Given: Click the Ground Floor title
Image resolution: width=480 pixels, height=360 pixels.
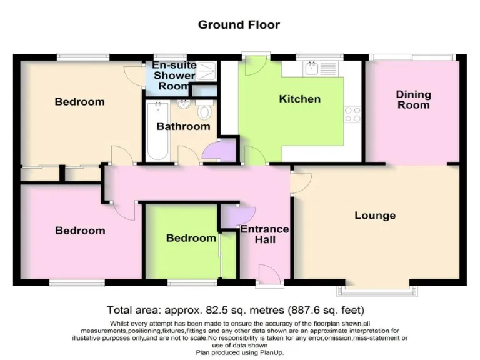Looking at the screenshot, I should pyautogui.click(x=239, y=25).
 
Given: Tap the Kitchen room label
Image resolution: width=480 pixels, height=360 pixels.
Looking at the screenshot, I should pyautogui.click(x=299, y=99).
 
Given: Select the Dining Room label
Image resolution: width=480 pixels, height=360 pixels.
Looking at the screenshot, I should pyautogui.click(x=413, y=99).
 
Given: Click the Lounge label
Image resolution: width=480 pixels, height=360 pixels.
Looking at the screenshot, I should pyautogui.click(x=375, y=216).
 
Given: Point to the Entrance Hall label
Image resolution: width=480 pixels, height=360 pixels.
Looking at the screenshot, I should pyautogui.click(x=265, y=234).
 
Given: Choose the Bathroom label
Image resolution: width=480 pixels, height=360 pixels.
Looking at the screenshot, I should pyautogui.click(x=183, y=126).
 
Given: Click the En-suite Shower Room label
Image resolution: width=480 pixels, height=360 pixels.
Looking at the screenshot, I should pyautogui.click(x=174, y=76).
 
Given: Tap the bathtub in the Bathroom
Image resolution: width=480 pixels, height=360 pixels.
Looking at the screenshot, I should pyautogui.click(x=154, y=132).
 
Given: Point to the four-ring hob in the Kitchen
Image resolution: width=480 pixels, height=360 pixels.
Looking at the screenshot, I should pyautogui.click(x=352, y=114).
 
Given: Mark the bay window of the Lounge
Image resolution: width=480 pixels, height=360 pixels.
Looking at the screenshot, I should pyautogui.click(x=379, y=290).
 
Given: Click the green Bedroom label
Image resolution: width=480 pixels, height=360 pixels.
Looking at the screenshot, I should pyautogui.click(x=191, y=238).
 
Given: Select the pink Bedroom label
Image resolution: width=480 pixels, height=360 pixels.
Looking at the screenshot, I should pyautogui.click(x=80, y=231).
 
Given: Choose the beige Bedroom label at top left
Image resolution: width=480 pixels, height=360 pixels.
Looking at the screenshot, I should pyautogui.click(x=79, y=102).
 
